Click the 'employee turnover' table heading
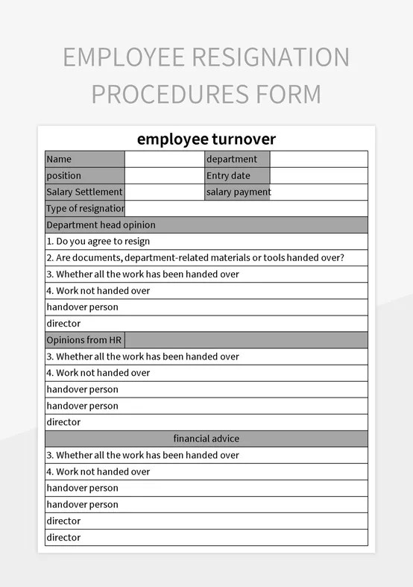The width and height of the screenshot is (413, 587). tap(206, 139)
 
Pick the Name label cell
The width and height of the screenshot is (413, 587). tap(85, 159)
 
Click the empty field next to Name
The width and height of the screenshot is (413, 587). tap(165, 159)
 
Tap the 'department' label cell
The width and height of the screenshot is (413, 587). tap(237, 159)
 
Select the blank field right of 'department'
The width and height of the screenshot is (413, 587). tap(318, 159)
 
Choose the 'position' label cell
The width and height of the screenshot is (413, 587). tap(85, 175)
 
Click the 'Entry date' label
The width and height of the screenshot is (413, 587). tap(237, 175)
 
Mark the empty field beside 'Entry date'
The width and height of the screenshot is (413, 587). tap(318, 175)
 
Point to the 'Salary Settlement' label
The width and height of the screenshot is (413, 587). tap(85, 192)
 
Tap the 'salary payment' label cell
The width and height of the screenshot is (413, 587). tap(238, 192)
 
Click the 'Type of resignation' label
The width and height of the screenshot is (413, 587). tap(85, 208)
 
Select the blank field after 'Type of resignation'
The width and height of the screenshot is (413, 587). tap(246, 208)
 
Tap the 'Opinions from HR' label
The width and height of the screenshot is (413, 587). tap(85, 339)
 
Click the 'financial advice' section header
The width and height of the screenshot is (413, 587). tap(206, 439)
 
